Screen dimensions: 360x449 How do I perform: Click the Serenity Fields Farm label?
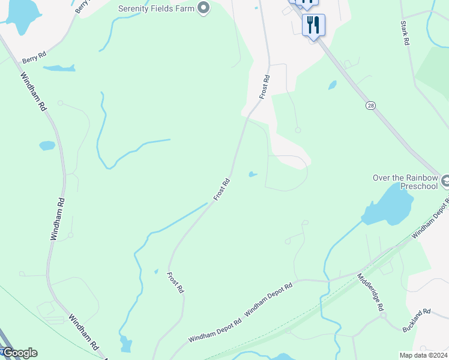click(x=158, y=8)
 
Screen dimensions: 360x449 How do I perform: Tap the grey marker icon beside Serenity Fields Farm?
click(x=203, y=8)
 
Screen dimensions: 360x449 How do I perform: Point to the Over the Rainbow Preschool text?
click(x=405, y=182)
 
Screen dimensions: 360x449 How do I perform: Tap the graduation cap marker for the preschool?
click(x=445, y=180)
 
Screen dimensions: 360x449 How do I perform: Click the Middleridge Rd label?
click(x=371, y=292)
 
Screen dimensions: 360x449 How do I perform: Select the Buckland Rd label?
click(x=417, y=320)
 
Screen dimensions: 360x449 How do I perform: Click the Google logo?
click(x=19, y=353)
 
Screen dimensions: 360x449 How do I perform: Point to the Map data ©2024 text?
click(x=423, y=355)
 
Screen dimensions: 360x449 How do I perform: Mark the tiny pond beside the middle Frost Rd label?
click(x=253, y=175)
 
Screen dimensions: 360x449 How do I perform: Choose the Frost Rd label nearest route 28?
click(x=265, y=86)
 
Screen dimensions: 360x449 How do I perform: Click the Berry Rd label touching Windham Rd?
click(x=34, y=58)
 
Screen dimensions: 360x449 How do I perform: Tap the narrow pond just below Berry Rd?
click(x=59, y=68)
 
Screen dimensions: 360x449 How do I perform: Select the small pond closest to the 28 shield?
click(x=333, y=85)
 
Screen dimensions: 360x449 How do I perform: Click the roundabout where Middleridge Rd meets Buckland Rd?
click(x=382, y=315)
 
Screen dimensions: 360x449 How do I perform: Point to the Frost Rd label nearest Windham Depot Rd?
click(x=175, y=282)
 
